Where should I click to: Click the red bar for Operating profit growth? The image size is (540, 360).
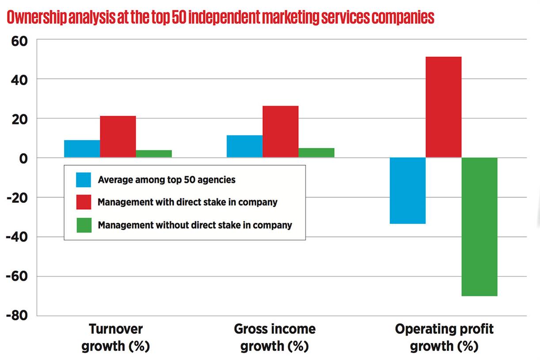tap(443, 107)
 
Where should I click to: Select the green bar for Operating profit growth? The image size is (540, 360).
tap(479, 227)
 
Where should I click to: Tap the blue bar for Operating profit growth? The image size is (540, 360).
tap(407, 191)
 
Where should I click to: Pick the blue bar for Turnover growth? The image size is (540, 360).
tap(82, 149)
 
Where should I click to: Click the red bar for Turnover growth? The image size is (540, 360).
tap(118, 137)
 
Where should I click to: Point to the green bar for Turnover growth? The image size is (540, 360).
tap(154, 154)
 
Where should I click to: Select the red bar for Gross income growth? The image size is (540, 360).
tap(280, 132)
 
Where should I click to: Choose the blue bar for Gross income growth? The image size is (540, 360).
tap(244, 146)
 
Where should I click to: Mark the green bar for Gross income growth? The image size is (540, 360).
tap(316, 153)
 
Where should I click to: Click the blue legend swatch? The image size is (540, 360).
tap(84, 180)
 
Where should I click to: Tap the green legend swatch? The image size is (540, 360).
tap(84, 225)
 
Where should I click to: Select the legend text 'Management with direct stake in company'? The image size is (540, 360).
tap(187, 202)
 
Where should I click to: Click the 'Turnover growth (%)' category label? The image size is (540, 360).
tap(116, 337)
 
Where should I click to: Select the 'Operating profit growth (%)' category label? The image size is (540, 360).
tap(444, 337)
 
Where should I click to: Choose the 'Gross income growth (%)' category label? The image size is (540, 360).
tap(274, 337)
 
